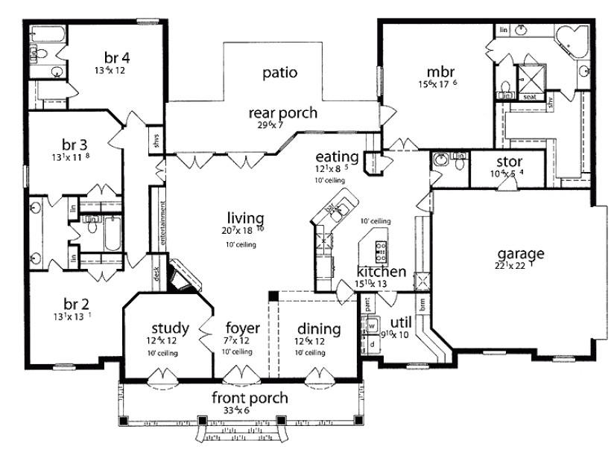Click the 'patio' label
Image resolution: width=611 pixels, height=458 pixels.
click(280, 73)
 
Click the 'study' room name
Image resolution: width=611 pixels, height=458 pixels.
click(171, 328)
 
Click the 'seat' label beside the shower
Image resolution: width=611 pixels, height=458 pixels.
click(531, 96)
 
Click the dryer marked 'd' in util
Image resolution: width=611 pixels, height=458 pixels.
click(370, 344)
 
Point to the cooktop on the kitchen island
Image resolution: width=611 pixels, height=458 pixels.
click(382, 250)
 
